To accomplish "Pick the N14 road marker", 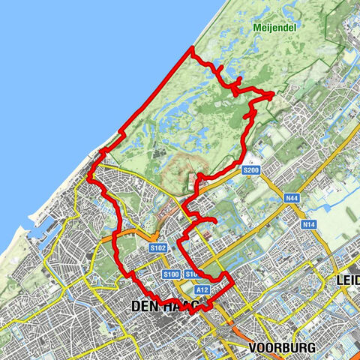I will point(307,224).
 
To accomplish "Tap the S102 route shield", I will point(157,247).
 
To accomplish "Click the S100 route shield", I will point(170,274).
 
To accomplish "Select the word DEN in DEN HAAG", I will point(142,306).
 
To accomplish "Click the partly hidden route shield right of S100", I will point(190,274).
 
